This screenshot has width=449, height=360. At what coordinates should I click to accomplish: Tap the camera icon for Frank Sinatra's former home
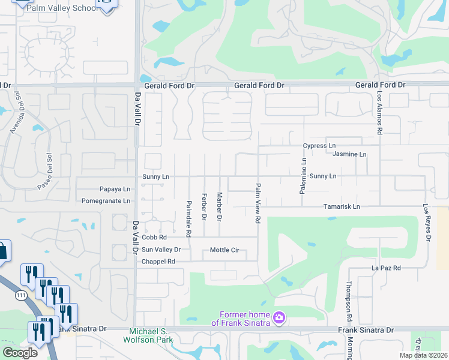(x=279, y=317)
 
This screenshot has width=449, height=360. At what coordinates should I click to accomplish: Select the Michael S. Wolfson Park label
(x=152, y=336)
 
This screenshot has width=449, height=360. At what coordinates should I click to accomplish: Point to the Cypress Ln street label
(x=319, y=146)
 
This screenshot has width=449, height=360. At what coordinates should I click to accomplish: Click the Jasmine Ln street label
(x=349, y=155)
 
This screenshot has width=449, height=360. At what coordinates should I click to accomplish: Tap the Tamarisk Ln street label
(x=341, y=207)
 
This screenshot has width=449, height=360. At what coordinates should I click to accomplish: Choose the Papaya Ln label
(x=115, y=189)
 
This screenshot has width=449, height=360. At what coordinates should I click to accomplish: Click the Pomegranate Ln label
(x=106, y=201)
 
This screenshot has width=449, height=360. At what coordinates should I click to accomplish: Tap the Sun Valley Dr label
(x=160, y=250)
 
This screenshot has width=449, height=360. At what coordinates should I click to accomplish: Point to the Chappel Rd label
(x=158, y=262)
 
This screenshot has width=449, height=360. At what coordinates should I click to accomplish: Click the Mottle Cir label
(x=224, y=250)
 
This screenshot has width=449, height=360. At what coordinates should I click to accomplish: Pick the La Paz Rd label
(x=386, y=268)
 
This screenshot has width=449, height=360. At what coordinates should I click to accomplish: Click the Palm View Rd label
(x=258, y=203)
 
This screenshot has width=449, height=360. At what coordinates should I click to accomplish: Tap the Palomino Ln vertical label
(x=304, y=176)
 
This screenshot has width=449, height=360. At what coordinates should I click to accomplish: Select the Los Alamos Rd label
(x=380, y=114)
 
